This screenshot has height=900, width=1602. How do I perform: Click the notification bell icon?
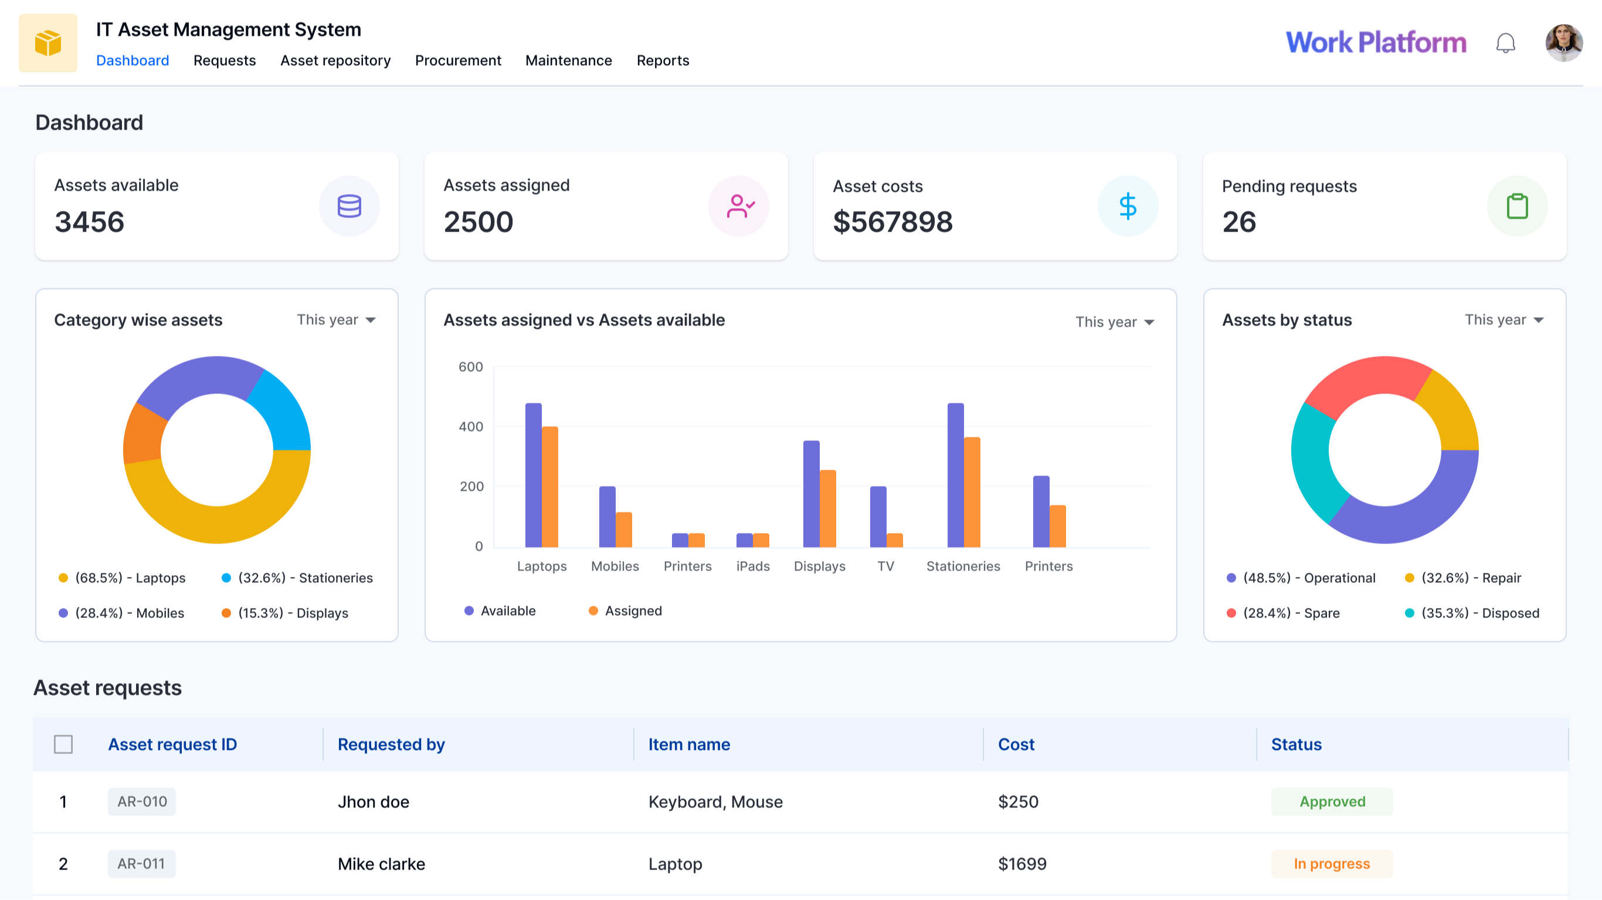pyautogui.click(x=1505, y=43)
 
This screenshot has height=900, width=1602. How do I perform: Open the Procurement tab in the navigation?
pyautogui.click(x=458, y=60)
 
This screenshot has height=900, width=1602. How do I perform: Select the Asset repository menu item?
pyautogui.click(x=335, y=60)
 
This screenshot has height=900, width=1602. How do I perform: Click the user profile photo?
pyautogui.click(x=1563, y=42)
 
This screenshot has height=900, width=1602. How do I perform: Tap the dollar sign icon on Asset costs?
pyautogui.click(x=1127, y=206)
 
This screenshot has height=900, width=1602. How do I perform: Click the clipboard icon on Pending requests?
pyautogui.click(x=1516, y=206)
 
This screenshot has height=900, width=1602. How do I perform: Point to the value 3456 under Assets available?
pyautogui.click(x=90, y=222)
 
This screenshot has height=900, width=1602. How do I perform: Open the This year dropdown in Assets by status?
pyautogui.click(x=1503, y=320)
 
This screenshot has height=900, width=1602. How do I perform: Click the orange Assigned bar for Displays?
pyautogui.click(x=827, y=509)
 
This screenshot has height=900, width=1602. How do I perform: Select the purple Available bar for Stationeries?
pyautogui.click(x=955, y=476)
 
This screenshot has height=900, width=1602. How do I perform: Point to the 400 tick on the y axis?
pyautogui.click(x=471, y=427)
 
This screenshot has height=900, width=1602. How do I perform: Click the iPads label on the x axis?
pyautogui.click(x=752, y=566)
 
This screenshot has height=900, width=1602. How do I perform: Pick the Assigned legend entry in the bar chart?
pyautogui.click(x=626, y=611)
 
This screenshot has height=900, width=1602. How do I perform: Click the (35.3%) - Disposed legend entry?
pyautogui.click(x=1472, y=613)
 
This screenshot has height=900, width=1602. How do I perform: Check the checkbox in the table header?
pyautogui.click(x=63, y=744)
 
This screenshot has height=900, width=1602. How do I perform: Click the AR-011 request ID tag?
pyautogui.click(x=141, y=863)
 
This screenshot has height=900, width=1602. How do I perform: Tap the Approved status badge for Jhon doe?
pyautogui.click(x=1332, y=801)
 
